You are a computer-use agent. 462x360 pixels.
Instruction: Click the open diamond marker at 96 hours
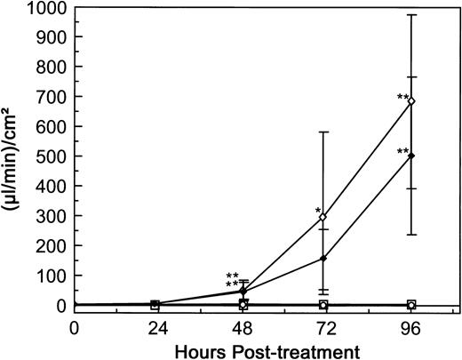pos(410,100)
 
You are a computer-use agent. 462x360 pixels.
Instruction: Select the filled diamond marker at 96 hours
pos(410,156)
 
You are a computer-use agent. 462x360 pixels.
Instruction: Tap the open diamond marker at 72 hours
pos(323,216)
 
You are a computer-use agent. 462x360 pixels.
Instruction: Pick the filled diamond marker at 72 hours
pos(323,259)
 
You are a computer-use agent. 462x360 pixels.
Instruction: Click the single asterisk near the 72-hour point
pos(317,212)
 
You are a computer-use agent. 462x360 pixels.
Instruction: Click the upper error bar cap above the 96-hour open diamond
pos(410,14)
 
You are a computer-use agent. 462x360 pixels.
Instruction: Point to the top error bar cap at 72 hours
pos(323,132)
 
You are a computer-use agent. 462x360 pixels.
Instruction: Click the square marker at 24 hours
pos(155,305)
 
